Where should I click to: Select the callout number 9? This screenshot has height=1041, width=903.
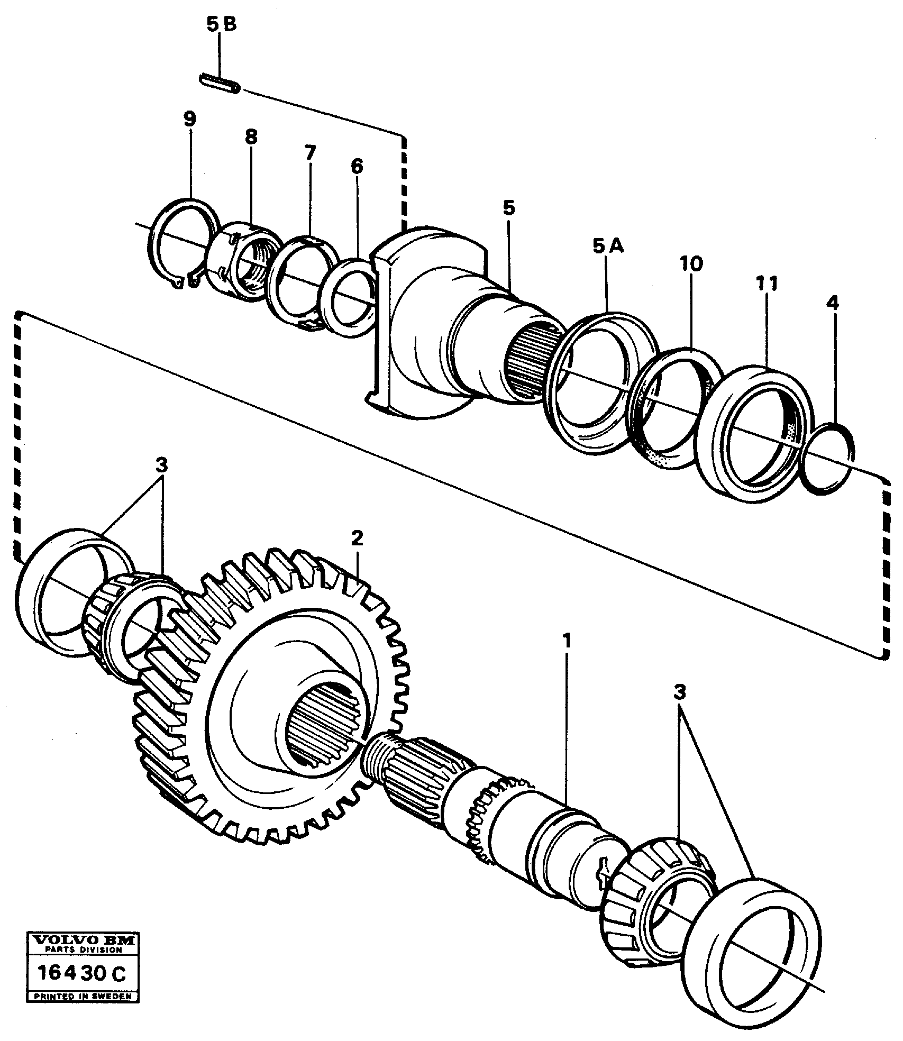pyautogui.click(x=189, y=120)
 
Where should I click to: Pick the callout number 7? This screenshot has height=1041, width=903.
pyautogui.click(x=309, y=154)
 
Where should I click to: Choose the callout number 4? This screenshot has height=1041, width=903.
pyautogui.click(x=833, y=303)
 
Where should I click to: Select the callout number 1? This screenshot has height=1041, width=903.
pyautogui.click(x=567, y=642)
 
